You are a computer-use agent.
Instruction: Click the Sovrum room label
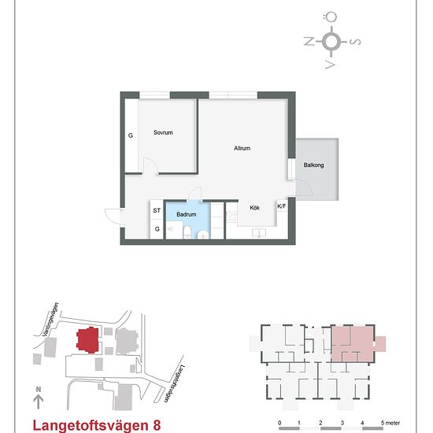point(163,132)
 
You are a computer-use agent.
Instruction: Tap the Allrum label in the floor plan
point(242,148)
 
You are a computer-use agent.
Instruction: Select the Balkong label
point(313,165)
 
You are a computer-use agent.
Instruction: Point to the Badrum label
point(187,214)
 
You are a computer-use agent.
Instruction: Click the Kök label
point(254,208)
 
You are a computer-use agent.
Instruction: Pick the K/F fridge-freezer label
point(282,206)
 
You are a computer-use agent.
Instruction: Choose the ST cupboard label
point(157,210)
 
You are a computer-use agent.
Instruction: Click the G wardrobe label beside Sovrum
point(131,135)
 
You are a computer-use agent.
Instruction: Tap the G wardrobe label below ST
point(157,229)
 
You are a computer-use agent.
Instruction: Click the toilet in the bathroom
point(187,232)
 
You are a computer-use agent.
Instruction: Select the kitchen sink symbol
point(259,233)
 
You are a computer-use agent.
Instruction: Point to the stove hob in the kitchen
point(232,216)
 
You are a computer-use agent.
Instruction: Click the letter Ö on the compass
point(331,17)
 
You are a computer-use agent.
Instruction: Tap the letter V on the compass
point(331,65)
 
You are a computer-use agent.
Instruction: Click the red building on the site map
point(87,340)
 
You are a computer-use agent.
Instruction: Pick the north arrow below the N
point(39,402)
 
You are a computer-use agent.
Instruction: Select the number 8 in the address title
point(157,425)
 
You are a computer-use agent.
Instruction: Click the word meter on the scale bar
point(392,423)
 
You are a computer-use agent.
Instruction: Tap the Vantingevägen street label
point(50,320)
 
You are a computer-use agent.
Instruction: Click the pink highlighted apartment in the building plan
point(353,344)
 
